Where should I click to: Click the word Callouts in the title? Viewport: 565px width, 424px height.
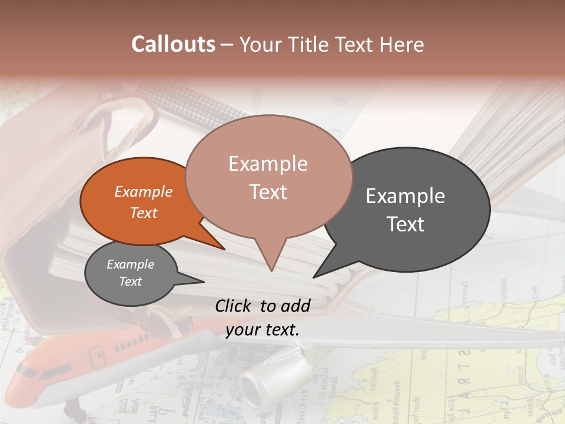click(x=173, y=44)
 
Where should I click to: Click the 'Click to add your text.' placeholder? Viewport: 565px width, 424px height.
click(x=262, y=317)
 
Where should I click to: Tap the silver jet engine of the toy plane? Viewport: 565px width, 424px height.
click(x=274, y=375)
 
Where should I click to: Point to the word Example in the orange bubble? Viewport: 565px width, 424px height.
click(x=143, y=191)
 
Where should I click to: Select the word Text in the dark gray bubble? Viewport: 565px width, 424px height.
click(x=406, y=224)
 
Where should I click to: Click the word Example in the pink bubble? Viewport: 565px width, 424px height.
click(x=268, y=164)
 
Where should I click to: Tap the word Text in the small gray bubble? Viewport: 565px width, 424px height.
click(x=130, y=281)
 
